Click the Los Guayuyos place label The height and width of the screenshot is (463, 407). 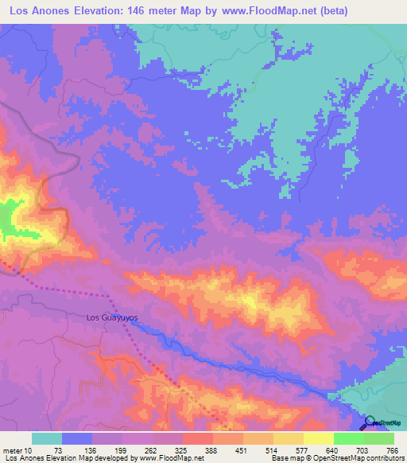pyautogui.click(x=112, y=317)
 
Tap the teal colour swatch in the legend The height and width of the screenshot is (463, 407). pyautogui.click(x=47, y=438)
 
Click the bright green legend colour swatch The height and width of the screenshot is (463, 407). pyautogui.click(x=348, y=438)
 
